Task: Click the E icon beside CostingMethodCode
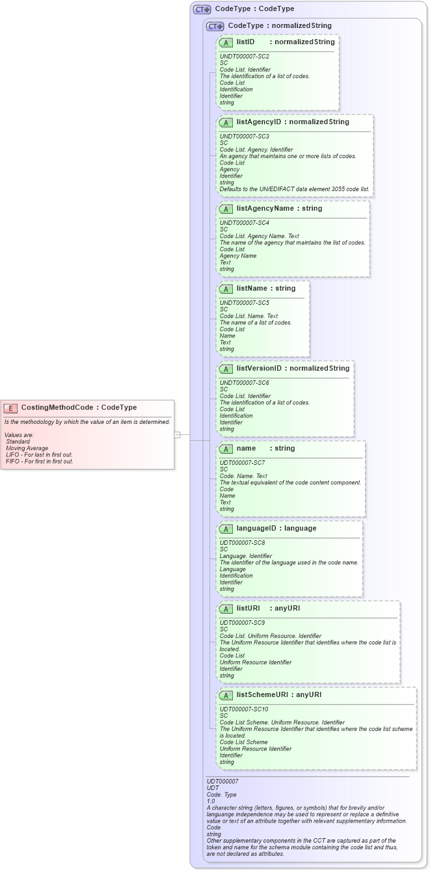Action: click(10, 408)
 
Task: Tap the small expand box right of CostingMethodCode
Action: click(177, 434)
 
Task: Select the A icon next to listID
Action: click(226, 42)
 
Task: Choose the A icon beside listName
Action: click(226, 289)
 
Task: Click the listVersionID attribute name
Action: click(259, 369)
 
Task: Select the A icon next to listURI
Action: click(226, 609)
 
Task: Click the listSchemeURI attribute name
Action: click(260, 695)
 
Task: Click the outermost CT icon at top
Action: click(202, 10)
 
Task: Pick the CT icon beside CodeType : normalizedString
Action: click(215, 27)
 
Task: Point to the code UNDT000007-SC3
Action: click(245, 136)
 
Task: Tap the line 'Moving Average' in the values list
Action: click(28, 448)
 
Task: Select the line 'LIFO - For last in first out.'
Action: click(39, 455)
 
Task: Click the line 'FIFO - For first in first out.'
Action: click(39, 462)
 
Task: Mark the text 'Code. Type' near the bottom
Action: click(221, 795)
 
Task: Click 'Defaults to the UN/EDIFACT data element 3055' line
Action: click(294, 189)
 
